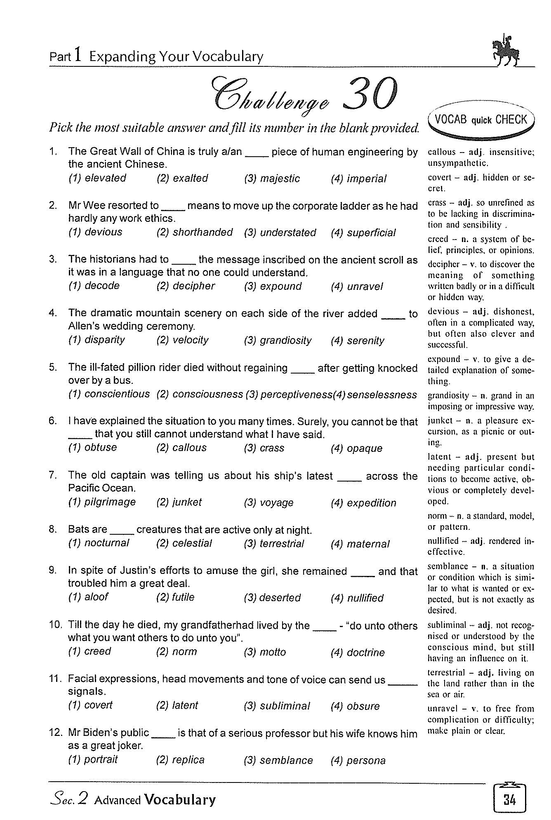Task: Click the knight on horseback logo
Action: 506,51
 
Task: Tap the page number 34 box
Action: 509,800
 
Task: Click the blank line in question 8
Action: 122,533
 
